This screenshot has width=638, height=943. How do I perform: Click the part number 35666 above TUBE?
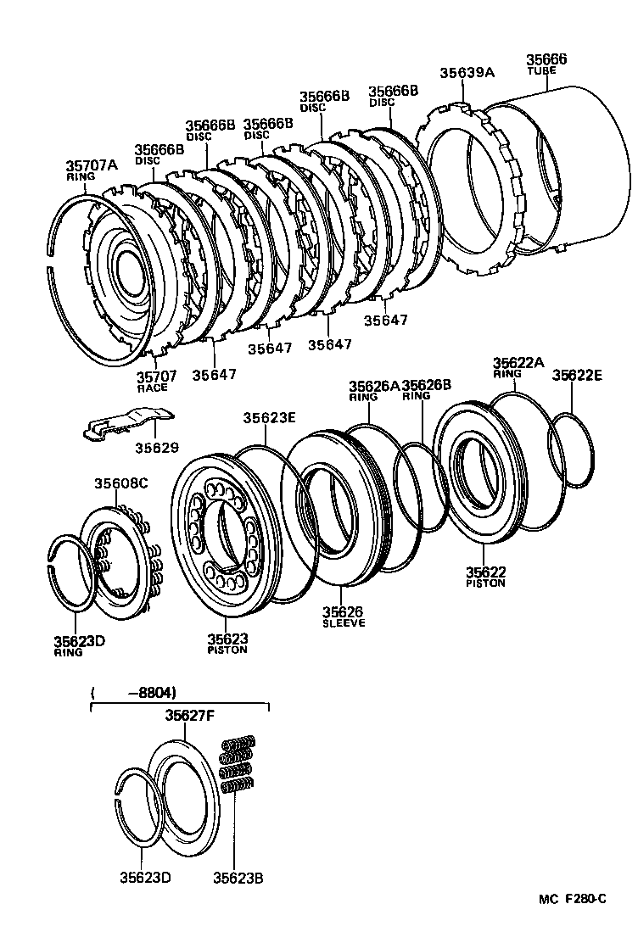[546, 59]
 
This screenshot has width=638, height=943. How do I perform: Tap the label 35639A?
[466, 72]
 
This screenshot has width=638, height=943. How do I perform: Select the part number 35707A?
[92, 166]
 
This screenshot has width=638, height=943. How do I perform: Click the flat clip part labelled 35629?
[127, 421]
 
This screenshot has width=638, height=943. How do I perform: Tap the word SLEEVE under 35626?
[343, 623]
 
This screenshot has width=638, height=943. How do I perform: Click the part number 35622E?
[579, 375]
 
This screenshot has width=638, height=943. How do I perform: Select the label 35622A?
[518, 363]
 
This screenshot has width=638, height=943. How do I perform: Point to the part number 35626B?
[426, 385]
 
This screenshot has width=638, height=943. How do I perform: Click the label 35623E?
[270, 417]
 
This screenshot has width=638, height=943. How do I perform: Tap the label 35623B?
[238, 878]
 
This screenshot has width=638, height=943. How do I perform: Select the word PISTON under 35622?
[485, 583]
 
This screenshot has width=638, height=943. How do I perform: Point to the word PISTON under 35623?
[227, 650]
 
